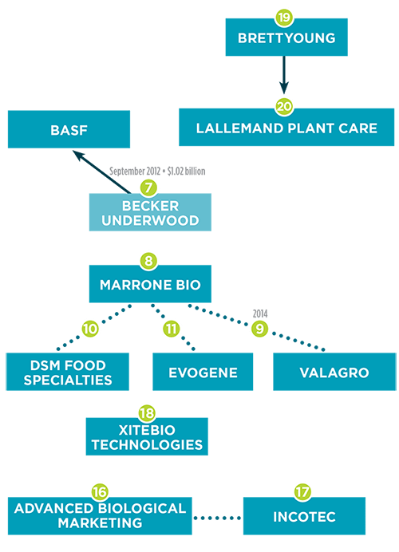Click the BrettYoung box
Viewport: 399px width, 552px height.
(286, 37)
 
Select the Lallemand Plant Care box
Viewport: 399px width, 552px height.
(286, 127)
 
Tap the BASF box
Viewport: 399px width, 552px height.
(69, 129)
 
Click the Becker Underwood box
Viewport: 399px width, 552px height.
(150, 212)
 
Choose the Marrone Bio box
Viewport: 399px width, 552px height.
(150, 284)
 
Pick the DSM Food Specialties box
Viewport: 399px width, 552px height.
(67, 372)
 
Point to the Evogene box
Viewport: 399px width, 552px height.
(203, 372)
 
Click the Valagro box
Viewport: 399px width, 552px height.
(334, 372)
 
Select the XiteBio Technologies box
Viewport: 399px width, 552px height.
(147, 436)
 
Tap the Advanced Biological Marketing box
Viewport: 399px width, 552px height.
(100, 516)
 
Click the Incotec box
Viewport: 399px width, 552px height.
(304, 516)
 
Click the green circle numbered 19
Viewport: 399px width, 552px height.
(284, 18)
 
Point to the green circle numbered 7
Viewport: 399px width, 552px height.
(148, 187)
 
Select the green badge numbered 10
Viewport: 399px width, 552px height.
(90, 329)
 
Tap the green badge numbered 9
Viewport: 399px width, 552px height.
(259, 329)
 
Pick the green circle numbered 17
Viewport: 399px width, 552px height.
(302, 492)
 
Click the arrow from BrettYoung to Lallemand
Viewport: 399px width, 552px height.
(284, 75)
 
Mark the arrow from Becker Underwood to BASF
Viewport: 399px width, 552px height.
(101, 172)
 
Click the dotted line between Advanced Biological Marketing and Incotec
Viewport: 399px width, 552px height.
(217, 518)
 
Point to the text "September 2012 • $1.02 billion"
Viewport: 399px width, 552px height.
(157, 171)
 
